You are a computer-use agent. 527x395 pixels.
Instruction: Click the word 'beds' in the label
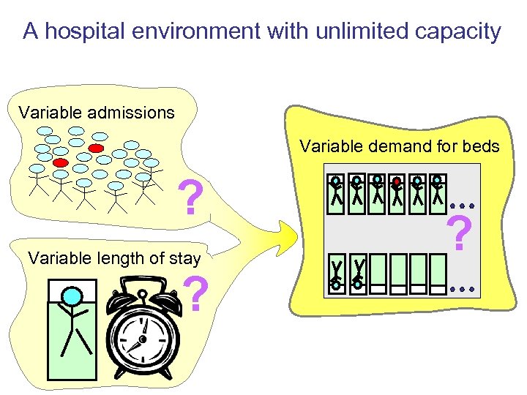[x=482, y=147]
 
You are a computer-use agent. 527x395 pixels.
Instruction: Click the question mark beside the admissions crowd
[x=191, y=198]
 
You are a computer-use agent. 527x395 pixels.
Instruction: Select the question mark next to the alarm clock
[x=195, y=294]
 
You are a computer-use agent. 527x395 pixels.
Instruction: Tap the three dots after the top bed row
[x=463, y=203]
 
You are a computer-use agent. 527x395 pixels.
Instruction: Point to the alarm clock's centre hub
[x=144, y=339]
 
